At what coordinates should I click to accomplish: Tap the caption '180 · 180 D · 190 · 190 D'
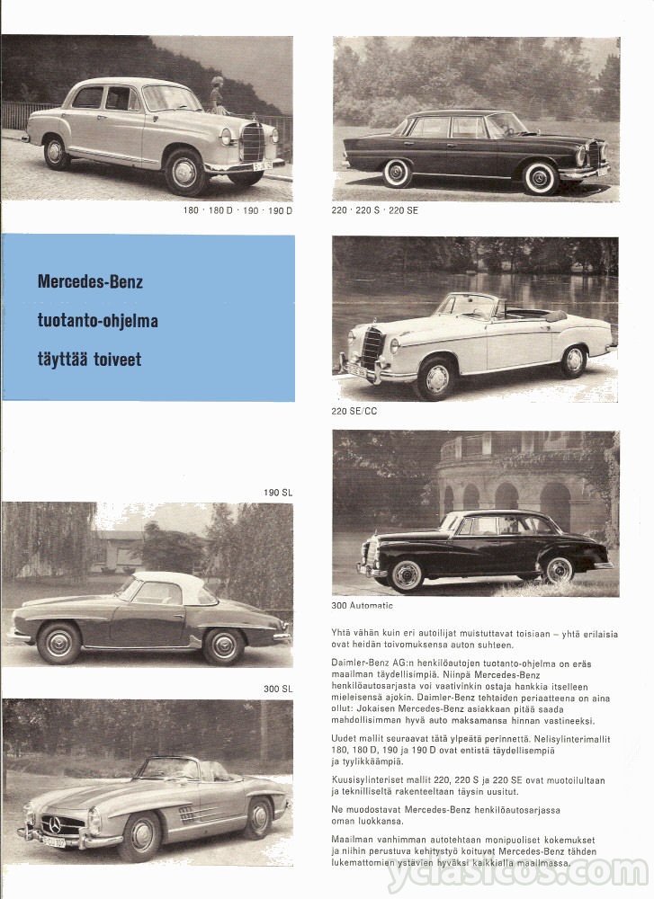pyautogui.click(x=237, y=210)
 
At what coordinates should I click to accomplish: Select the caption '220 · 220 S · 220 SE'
pyautogui.click(x=375, y=210)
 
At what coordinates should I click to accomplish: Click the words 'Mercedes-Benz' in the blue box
pyautogui.click(x=90, y=282)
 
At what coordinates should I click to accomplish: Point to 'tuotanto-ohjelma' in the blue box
pyautogui.click(x=97, y=321)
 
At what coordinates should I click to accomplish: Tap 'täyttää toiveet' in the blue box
pyautogui.click(x=89, y=360)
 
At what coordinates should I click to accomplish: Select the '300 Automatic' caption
pyautogui.click(x=363, y=605)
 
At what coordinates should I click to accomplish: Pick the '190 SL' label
pyautogui.click(x=278, y=492)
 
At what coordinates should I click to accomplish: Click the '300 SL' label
pyautogui.click(x=278, y=689)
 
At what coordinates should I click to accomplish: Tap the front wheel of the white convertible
pyautogui.click(x=437, y=378)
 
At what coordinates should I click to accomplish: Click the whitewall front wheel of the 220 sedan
pyautogui.click(x=542, y=176)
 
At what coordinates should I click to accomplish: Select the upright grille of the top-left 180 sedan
pyautogui.click(x=252, y=143)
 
